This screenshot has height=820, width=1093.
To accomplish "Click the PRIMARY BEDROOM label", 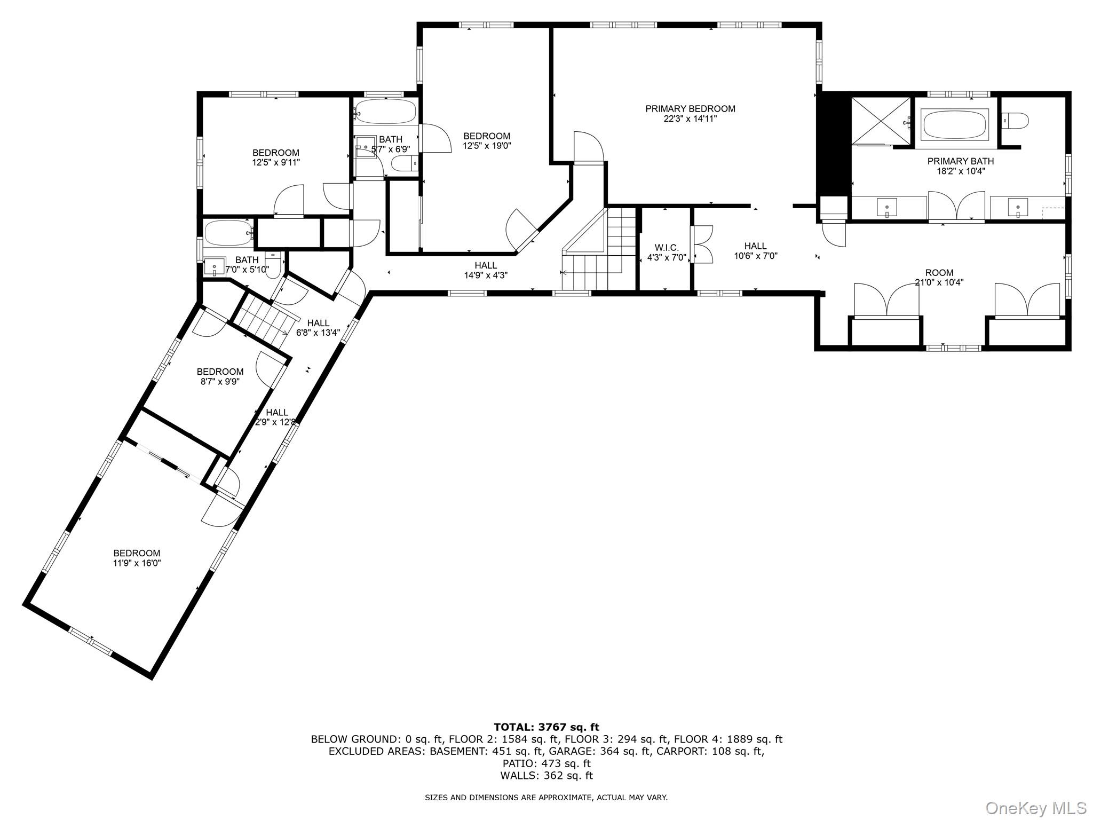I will click(x=690, y=109).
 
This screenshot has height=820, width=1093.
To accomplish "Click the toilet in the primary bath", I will click(x=1015, y=121).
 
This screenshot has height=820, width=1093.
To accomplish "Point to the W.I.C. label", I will click(x=666, y=248).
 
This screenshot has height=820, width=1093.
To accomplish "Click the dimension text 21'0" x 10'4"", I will click(x=939, y=282).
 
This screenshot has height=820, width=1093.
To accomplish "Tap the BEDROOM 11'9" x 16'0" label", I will click(x=137, y=553).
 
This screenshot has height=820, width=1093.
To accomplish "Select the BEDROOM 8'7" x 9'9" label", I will click(x=220, y=372).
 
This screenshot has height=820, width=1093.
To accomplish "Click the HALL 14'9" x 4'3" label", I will click(x=486, y=265).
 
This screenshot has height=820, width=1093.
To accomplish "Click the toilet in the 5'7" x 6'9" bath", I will click(x=403, y=163).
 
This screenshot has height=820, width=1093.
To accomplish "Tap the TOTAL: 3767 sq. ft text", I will click(x=546, y=727).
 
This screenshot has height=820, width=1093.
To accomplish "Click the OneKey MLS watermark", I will click(x=1035, y=807).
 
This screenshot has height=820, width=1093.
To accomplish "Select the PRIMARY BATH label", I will click(x=960, y=161).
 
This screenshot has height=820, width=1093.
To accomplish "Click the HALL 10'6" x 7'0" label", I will click(x=755, y=246).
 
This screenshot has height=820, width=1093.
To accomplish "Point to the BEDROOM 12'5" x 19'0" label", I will click(x=487, y=136).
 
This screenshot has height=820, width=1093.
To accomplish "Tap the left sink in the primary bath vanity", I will click(x=886, y=207).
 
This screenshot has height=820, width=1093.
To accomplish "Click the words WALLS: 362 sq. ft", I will click(x=546, y=776).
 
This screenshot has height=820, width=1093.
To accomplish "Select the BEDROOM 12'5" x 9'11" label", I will click(x=276, y=153).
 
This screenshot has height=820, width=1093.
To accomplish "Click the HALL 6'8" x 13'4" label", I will click(x=318, y=323).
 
